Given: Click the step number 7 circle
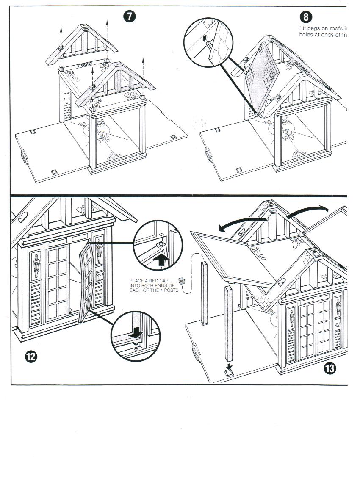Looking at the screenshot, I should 130,17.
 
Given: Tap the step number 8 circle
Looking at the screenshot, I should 306,17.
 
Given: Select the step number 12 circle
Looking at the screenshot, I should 31,357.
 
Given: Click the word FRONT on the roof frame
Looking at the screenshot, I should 87,66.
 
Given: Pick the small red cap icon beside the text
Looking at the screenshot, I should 182,280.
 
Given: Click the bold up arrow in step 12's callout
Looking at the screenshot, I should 161,260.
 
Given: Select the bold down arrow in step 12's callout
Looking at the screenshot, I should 136,334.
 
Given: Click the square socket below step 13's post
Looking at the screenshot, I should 230,373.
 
